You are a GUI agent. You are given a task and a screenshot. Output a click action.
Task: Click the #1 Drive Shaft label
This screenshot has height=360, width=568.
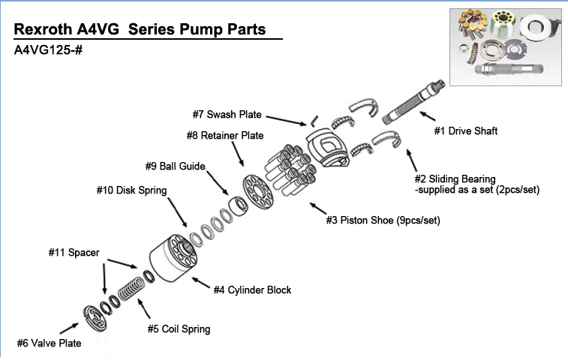[x=466, y=130]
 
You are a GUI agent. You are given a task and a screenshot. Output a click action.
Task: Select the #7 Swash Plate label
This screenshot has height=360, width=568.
[x=227, y=115]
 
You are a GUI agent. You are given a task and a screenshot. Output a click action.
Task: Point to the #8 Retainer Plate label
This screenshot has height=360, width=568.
[x=225, y=136]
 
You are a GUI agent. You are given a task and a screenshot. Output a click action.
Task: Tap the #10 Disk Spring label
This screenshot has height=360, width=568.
[x=131, y=190]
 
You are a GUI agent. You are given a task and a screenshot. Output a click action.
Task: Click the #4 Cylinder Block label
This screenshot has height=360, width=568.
[x=252, y=289]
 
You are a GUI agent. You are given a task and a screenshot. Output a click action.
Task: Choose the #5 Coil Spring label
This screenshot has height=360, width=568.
[x=179, y=328]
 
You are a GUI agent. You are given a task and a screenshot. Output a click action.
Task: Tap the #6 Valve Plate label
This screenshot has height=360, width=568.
[x=50, y=343]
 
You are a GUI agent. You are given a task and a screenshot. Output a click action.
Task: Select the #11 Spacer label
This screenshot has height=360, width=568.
[x=74, y=253]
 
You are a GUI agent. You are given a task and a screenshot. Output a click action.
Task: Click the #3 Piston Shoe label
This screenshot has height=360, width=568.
[x=383, y=220]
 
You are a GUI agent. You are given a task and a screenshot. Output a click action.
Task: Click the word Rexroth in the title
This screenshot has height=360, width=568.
[x=45, y=30]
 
